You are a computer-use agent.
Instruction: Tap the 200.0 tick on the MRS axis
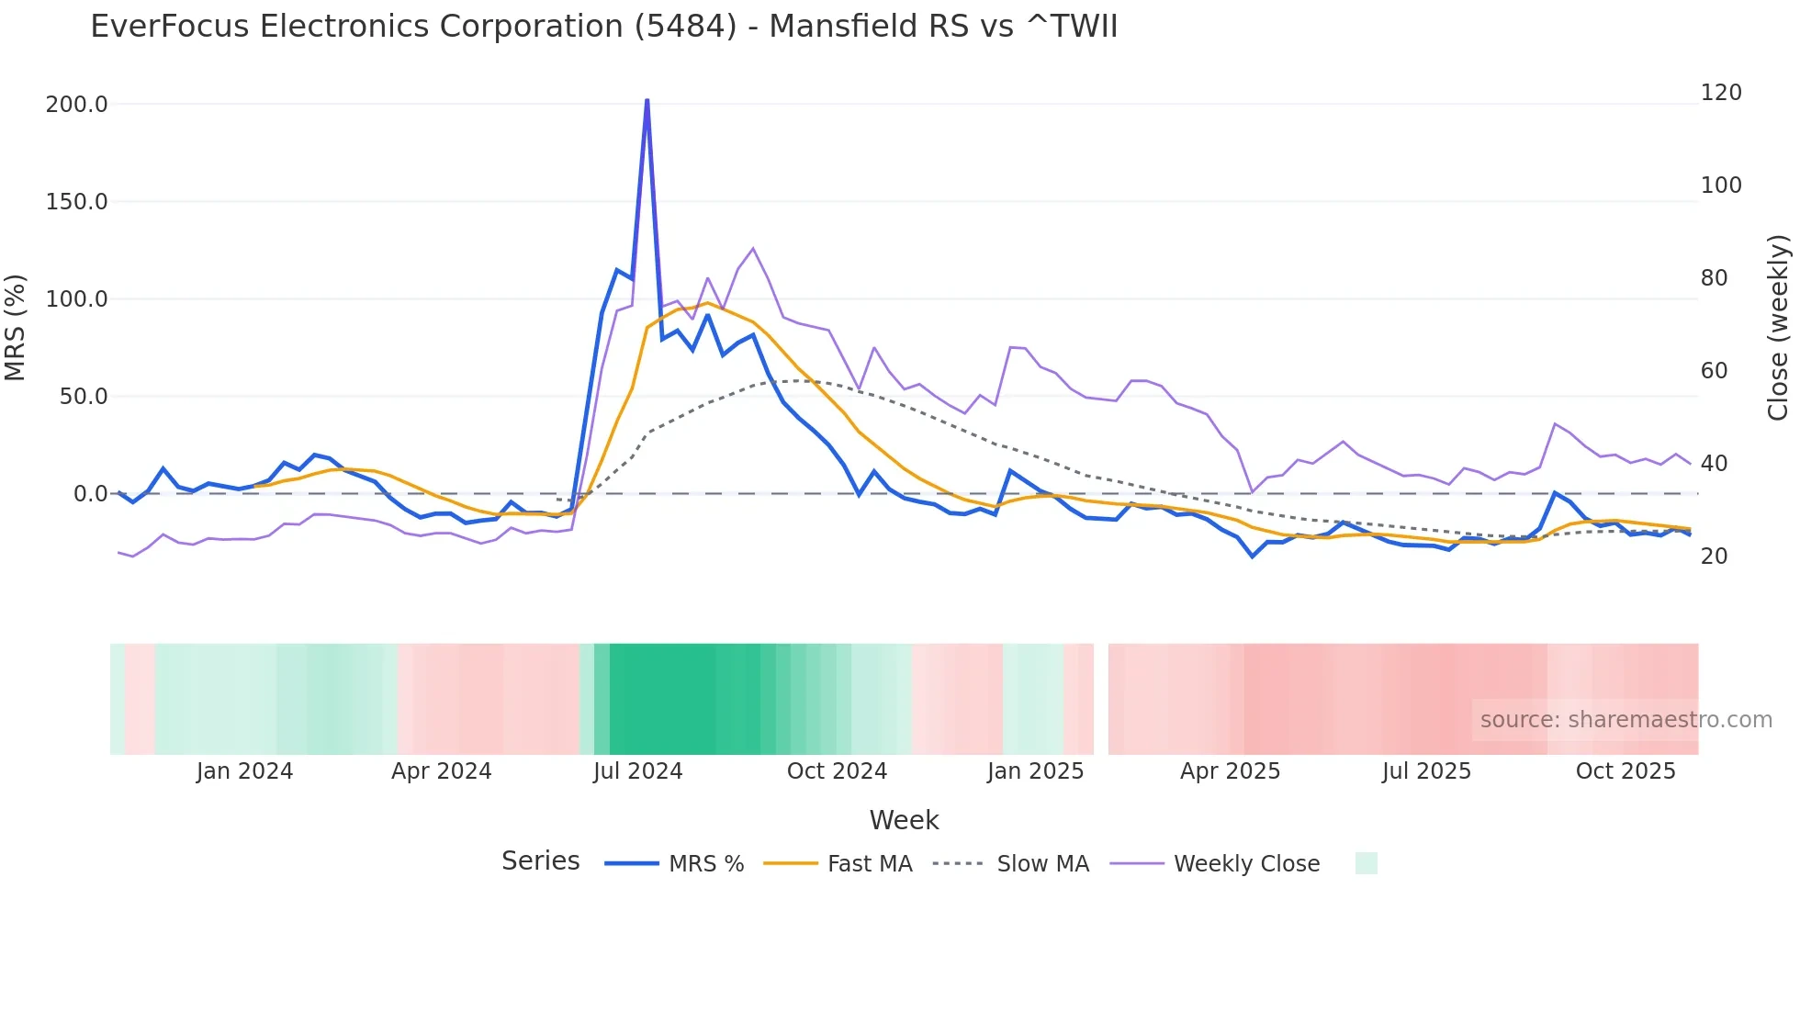(76, 105)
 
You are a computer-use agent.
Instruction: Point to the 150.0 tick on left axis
(76, 202)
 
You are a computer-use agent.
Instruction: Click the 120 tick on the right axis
(1720, 93)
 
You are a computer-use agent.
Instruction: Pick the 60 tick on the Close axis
(1714, 371)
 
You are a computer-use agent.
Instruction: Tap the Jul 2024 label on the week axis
(637, 771)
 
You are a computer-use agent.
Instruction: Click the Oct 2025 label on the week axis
(1626, 771)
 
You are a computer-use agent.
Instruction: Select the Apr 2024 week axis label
(441, 771)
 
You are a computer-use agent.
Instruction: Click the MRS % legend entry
(705, 864)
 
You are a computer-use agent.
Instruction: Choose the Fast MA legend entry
(869, 864)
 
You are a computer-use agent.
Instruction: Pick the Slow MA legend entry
(1042, 864)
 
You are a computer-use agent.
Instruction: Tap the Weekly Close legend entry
(1246, 864)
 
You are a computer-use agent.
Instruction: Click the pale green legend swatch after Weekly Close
(1366, 863)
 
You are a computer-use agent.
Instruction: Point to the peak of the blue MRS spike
(647, 100)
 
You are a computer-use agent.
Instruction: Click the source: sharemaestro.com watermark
(1626, 720)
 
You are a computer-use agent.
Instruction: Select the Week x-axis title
(904, 820)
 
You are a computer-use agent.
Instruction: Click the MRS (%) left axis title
(16, 327)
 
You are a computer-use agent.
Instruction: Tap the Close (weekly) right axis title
(1778, 327)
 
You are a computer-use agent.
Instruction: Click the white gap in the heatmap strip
(1101, 699)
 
